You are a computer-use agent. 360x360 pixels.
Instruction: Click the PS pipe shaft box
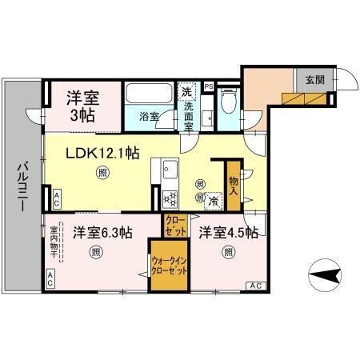[x=208, y=86]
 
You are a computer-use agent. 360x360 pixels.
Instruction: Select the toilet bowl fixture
[x=226, y=102]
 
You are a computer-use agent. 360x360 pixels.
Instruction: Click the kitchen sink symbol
[x=170, y=170]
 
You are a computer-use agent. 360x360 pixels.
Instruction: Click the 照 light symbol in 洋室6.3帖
[x=96, y=254]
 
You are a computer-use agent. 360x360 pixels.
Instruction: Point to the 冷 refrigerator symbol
[x=213, y=201]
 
